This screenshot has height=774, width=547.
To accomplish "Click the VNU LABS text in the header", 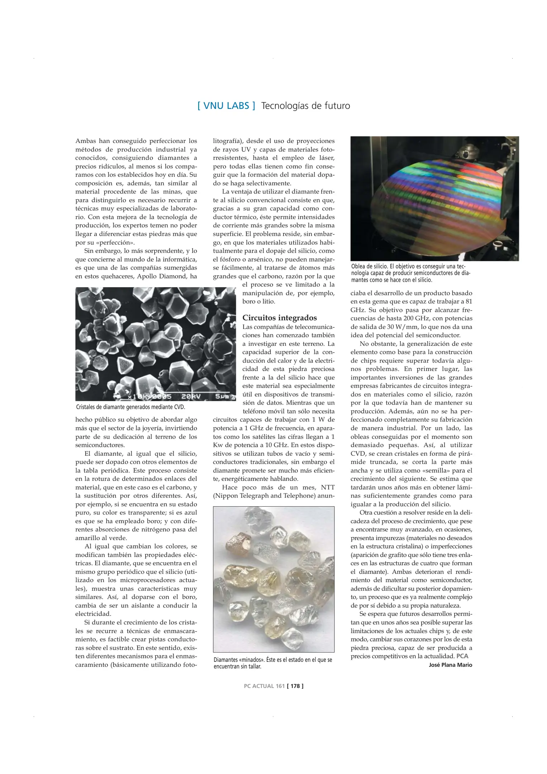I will click(227, 106).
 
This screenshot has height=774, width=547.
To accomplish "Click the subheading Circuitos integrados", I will click(280, 318).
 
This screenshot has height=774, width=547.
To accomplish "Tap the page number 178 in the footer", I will click(295, 686).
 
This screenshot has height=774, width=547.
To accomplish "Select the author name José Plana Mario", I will click(450, 665).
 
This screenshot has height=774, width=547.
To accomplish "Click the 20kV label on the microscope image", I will click(190, 397).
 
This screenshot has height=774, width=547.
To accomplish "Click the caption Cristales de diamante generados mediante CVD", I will click(130, 407).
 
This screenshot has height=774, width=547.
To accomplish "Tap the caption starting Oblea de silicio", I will click(410, 273).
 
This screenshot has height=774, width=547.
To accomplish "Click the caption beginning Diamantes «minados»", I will click(272, 663).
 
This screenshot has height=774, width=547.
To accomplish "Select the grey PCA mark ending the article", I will click(462, 656).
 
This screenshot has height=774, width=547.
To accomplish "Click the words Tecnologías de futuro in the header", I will click(305, 106).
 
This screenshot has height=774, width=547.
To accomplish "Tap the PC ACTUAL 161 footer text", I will click(264, 686).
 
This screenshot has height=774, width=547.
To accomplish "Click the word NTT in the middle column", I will click(328, 487).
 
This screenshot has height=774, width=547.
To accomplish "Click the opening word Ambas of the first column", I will click(85, 141).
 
